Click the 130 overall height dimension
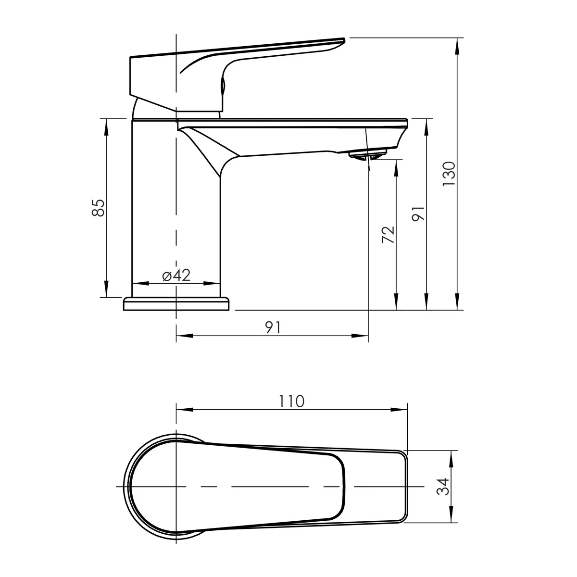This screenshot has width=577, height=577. [449, 174]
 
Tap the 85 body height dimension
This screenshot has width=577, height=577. [98, 208]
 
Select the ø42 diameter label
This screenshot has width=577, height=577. [176, 275]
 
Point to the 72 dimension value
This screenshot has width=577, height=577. [388, 235]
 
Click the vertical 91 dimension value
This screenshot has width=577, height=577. [418, 214]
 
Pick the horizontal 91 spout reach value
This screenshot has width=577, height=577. [273, 327]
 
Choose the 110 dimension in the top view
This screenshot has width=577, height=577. [291, 401]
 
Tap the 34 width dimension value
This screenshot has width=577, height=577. [442, 487]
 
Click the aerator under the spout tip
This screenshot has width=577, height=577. [367, 155]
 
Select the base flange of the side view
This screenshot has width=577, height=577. [176, 303]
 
